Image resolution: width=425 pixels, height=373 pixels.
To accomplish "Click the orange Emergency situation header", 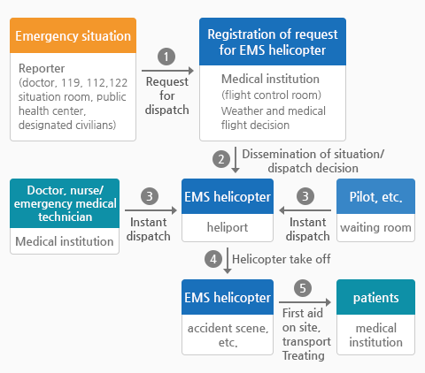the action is (73, 35).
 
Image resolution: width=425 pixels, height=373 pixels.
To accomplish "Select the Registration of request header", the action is (273, 42).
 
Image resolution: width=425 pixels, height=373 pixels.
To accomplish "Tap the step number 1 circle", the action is (166, 57).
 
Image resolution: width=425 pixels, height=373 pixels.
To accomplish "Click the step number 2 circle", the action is (221, 159).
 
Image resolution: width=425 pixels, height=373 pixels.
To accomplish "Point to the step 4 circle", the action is (213, 259).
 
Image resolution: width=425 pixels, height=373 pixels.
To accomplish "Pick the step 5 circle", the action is (303, 288).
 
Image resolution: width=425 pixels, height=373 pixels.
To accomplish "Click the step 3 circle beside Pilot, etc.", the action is (305, 196).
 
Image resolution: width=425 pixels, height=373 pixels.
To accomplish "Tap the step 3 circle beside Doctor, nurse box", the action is (150, 196).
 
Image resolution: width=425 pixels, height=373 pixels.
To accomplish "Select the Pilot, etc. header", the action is (375, 196).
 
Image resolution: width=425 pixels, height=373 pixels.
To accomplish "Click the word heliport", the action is (228, 227).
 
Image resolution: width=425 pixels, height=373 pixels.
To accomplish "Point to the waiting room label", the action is (375, 227).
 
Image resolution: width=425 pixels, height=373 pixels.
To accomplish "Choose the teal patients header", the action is (375, 297).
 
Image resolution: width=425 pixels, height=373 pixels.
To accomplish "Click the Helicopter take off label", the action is (282, 259).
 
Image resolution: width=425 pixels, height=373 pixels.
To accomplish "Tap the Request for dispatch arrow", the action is (167, 71).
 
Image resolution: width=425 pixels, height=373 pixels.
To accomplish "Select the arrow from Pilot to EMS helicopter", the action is (305, 210).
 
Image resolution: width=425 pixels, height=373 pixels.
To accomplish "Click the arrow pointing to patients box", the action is (305, 302).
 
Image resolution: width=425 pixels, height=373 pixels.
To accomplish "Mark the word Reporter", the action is (42, 69).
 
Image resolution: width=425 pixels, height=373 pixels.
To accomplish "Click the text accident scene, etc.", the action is (228, 335).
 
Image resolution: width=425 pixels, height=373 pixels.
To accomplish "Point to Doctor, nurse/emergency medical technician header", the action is (65, 203).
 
